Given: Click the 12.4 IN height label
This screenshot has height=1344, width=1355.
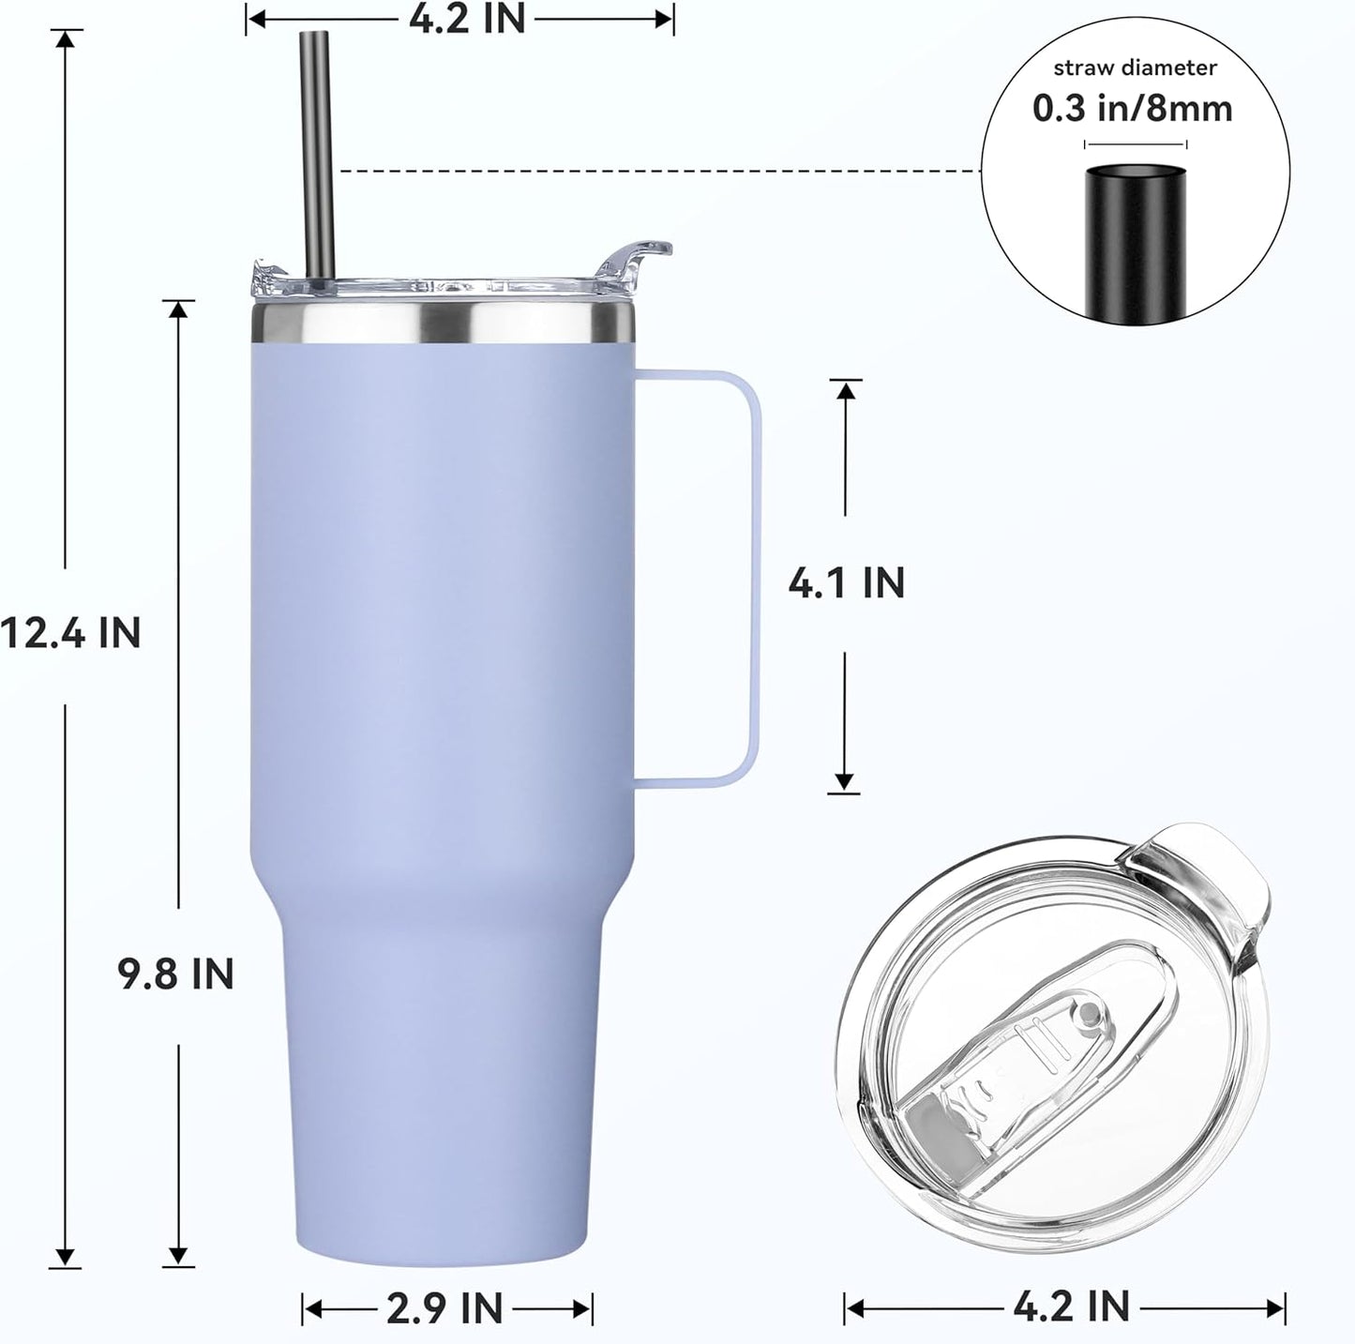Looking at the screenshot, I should point(71,633).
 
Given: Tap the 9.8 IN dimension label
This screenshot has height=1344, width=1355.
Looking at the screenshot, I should point(175,974).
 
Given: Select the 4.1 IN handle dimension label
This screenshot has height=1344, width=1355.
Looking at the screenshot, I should point(846,583).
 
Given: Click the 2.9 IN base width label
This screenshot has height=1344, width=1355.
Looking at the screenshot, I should point(445,1307).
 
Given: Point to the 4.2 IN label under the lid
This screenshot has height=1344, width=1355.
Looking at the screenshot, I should point(1071,1305).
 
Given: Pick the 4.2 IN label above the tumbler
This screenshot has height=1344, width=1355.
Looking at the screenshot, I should point(467,19).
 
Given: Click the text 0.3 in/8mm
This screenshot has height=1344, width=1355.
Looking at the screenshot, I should point(1133,109).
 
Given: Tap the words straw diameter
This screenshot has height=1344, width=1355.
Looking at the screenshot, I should point(1135,68).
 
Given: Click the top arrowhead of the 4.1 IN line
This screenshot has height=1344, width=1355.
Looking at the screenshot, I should point(846,389).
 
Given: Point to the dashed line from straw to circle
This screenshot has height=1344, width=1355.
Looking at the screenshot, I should point(656,172).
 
